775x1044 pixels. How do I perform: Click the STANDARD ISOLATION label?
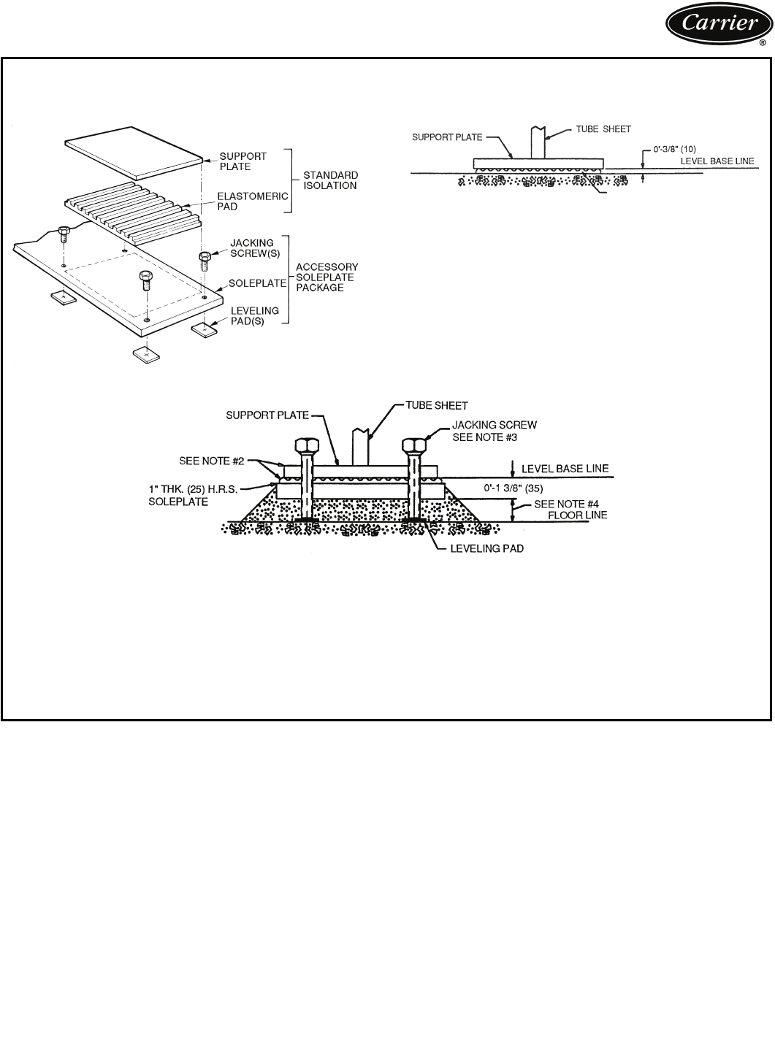pos(331,180)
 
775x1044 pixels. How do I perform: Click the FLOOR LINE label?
pos(581,515)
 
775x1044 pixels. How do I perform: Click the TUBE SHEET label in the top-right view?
pos(603,129)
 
